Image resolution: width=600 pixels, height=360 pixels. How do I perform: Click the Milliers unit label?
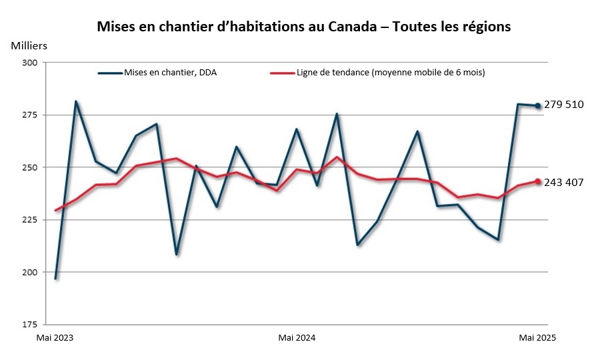[29, 46]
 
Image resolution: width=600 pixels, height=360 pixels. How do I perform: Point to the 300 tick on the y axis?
[29, 63]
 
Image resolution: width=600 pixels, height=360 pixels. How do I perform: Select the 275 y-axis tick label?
[29, 115]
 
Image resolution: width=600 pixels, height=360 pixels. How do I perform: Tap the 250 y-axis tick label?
[29, 167]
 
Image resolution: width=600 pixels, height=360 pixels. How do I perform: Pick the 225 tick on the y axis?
[29, 220]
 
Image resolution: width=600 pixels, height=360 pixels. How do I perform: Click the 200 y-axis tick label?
[29, 272]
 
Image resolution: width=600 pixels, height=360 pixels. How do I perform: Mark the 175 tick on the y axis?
[29, 325]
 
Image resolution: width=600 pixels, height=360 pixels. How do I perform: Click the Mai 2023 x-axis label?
[55, 338]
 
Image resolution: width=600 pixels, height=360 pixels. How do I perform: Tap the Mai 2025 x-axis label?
[537, 338]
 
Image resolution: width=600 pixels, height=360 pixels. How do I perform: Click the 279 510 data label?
[564, 105]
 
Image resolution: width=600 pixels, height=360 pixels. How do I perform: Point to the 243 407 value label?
[564, 182]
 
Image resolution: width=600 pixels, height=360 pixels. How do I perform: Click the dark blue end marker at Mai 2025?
[538, 105]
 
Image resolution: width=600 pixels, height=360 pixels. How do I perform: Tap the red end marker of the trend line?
[538, 181]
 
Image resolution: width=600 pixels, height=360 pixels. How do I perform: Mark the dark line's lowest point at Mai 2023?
[56, 278]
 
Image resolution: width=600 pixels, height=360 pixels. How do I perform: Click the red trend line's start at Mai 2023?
[56, 210]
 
